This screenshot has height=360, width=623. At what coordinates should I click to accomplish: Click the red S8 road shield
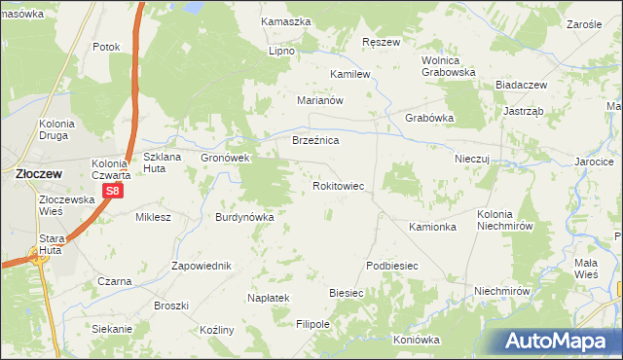[113, 192]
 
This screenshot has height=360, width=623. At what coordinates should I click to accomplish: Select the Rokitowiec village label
[338, 185]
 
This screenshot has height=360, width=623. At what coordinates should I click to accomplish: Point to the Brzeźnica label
[315, 140]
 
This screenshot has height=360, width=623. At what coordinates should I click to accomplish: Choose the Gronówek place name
[226, 157]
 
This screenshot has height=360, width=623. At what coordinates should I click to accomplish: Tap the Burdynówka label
[245, 217]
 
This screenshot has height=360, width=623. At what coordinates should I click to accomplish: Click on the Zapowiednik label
[201, 266]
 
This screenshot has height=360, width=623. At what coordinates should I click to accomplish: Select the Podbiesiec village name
[392, 266]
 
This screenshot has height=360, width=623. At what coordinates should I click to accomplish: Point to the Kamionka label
[433, 227]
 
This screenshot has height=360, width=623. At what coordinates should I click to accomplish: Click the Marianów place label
[321, 99]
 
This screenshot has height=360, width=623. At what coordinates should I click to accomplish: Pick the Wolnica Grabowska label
[448, 65]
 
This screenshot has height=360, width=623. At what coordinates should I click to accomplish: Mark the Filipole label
[313, 323]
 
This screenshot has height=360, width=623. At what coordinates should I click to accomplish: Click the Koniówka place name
[417, 340]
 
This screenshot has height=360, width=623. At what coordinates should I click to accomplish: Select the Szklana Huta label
[162, 162]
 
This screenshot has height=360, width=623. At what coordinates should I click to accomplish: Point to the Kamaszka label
[286, 20]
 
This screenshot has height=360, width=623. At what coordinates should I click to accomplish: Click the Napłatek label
[269, 297]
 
